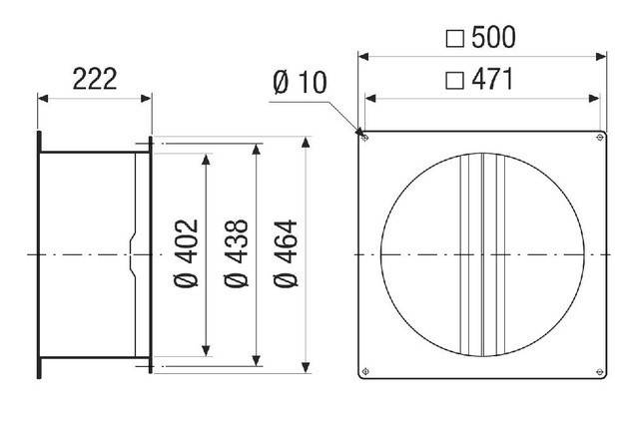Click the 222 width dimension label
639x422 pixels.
tap(94, 79)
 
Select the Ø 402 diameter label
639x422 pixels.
tap(193, 253)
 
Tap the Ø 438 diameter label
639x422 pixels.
tap(243, 253)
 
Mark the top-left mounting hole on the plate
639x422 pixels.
tap(365, 137)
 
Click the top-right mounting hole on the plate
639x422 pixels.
tap(599, 137)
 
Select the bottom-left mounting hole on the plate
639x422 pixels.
tap(365, 372)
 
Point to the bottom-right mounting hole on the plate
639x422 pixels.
tap(599, 372)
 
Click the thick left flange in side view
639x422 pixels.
tap(39, 253)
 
